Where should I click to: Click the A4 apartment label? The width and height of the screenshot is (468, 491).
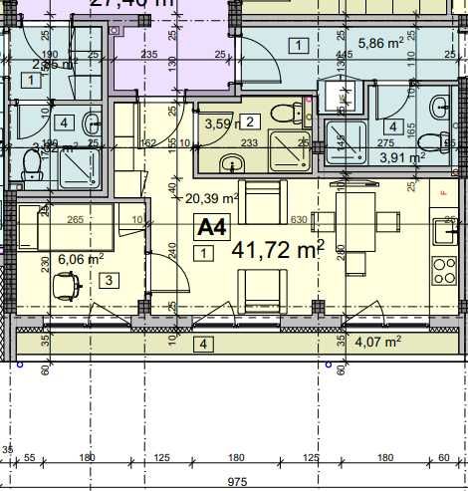211,227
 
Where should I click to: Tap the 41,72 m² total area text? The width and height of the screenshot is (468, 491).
278,249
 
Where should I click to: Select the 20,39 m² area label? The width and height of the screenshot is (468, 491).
211,198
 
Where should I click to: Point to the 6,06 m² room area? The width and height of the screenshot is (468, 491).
81,259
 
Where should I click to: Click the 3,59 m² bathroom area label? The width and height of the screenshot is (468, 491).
221,124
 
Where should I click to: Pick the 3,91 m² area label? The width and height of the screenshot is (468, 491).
402,156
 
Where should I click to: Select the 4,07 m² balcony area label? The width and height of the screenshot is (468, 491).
379,341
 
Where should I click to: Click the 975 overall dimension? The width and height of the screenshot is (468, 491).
236,481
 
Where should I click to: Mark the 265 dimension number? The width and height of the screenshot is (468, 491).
74,220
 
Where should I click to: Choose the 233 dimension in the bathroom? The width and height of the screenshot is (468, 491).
250,143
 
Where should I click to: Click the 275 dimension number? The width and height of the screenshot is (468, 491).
384,143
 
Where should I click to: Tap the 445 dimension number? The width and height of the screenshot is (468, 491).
345,55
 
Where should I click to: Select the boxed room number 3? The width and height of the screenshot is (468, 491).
108,281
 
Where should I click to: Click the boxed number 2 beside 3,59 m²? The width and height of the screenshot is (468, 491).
250,123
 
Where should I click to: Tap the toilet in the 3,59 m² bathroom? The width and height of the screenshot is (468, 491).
286,112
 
